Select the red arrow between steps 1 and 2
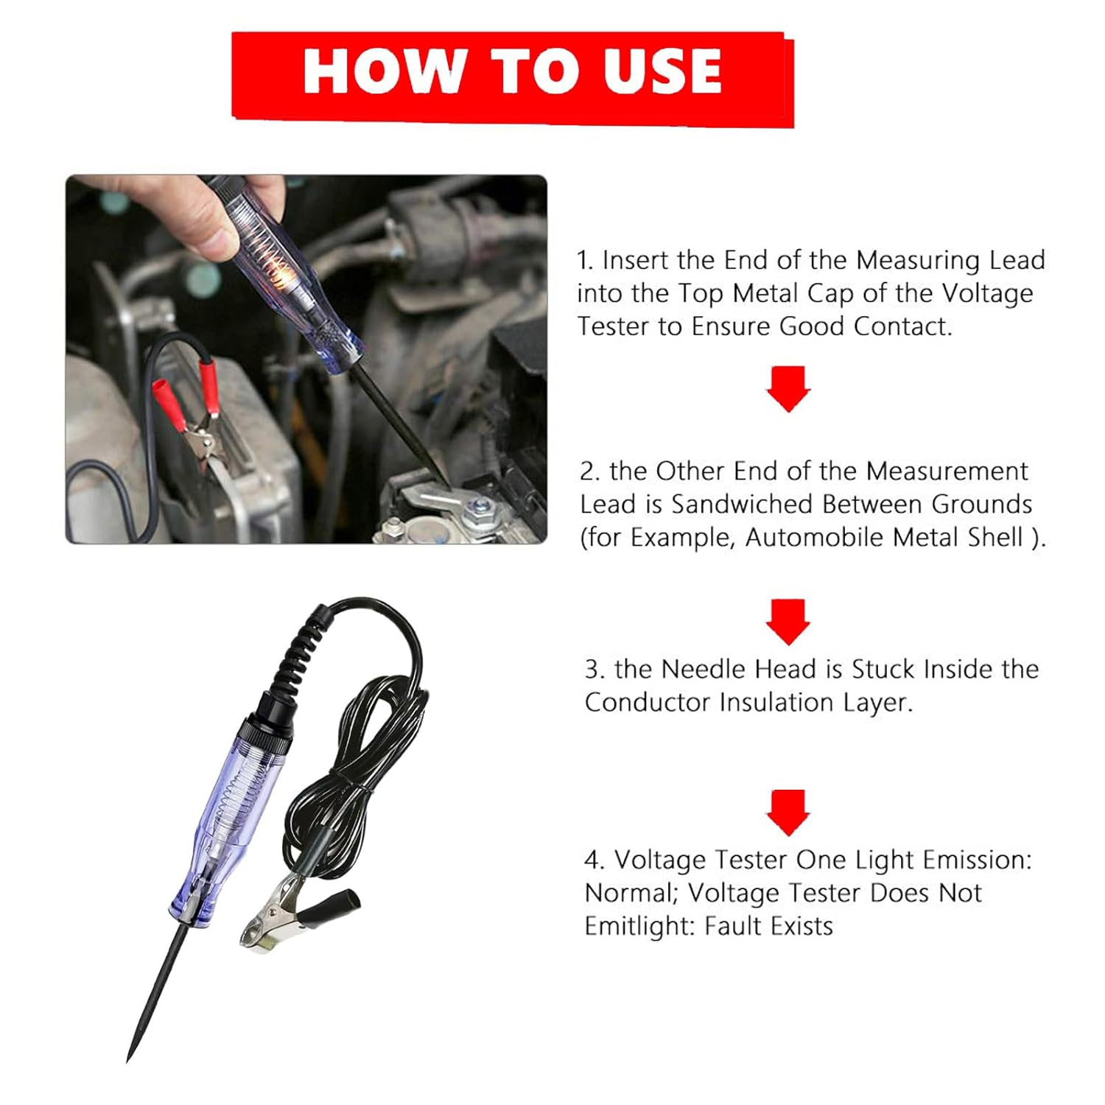point(787,388)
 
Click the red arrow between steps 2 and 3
point(787,621)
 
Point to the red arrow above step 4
point(787,812)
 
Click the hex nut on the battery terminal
point(480,508)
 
